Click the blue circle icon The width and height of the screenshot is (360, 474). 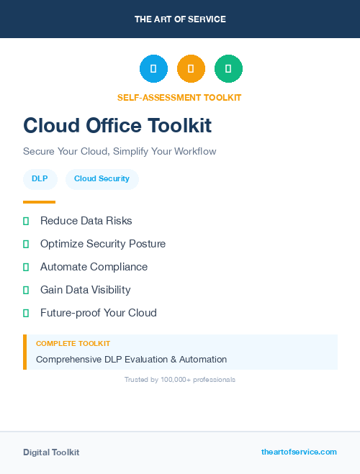pos(153,68)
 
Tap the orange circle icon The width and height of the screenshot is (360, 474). pos(191,68)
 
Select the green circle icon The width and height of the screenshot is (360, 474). pos(228,68)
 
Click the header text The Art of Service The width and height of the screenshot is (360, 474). pos(180,19)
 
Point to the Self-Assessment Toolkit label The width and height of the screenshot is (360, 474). pos(179,97)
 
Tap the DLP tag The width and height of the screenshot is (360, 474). pos(40,179)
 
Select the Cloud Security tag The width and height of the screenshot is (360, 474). pos(102,179)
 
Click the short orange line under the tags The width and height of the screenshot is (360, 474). pos(39,201)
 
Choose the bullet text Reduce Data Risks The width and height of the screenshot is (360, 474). pos(86,221)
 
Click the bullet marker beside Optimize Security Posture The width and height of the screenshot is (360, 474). pos(26,244)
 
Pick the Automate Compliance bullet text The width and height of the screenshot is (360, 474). pos(94,267)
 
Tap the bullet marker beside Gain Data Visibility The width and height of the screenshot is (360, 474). pos(26,290)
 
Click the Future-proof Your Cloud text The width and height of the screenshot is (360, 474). pos(98,313)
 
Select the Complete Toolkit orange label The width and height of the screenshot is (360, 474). pos(73,344)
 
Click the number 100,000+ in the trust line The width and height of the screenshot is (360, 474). pos(176,379)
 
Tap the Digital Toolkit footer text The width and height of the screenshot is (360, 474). pos(51,452)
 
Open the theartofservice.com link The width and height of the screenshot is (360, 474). pos(299,452)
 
